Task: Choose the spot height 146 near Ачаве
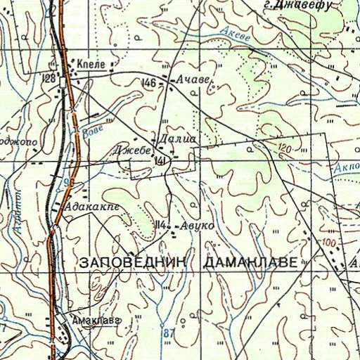point(148,84)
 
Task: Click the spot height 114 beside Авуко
point(161,225)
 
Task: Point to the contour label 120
point(284,149)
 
